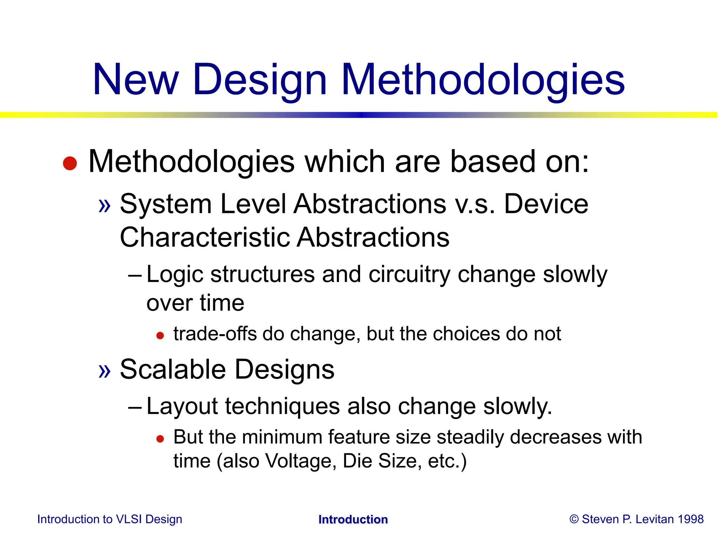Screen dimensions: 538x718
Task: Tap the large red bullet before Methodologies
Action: point(70,163)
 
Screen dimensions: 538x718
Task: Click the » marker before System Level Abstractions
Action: point(104,205)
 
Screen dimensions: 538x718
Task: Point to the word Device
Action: point(546,204)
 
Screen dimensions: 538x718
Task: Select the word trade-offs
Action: point(215,334)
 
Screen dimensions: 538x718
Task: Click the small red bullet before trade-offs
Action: point(160,336)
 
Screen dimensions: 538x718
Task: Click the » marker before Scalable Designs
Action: point(104,371)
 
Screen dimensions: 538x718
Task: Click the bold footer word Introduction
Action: point(353,519)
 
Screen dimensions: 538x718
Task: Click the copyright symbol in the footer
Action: point(574,519)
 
